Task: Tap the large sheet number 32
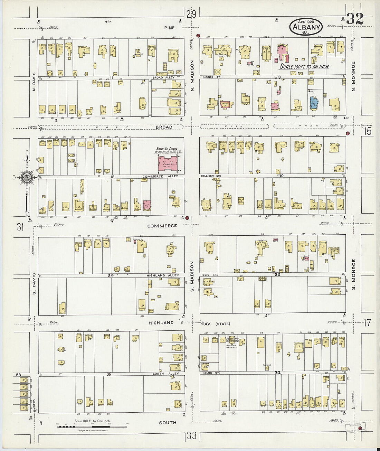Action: [355, 19]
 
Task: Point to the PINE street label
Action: [170, 28]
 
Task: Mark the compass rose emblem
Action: [26, 178]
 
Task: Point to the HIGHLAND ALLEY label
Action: [163, 275]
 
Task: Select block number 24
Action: [111, 275]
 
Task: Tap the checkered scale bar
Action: [92, 427]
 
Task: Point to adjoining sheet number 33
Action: [192, 435]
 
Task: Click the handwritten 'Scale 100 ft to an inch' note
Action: [304, 67]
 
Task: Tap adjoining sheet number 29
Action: [191, 14]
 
